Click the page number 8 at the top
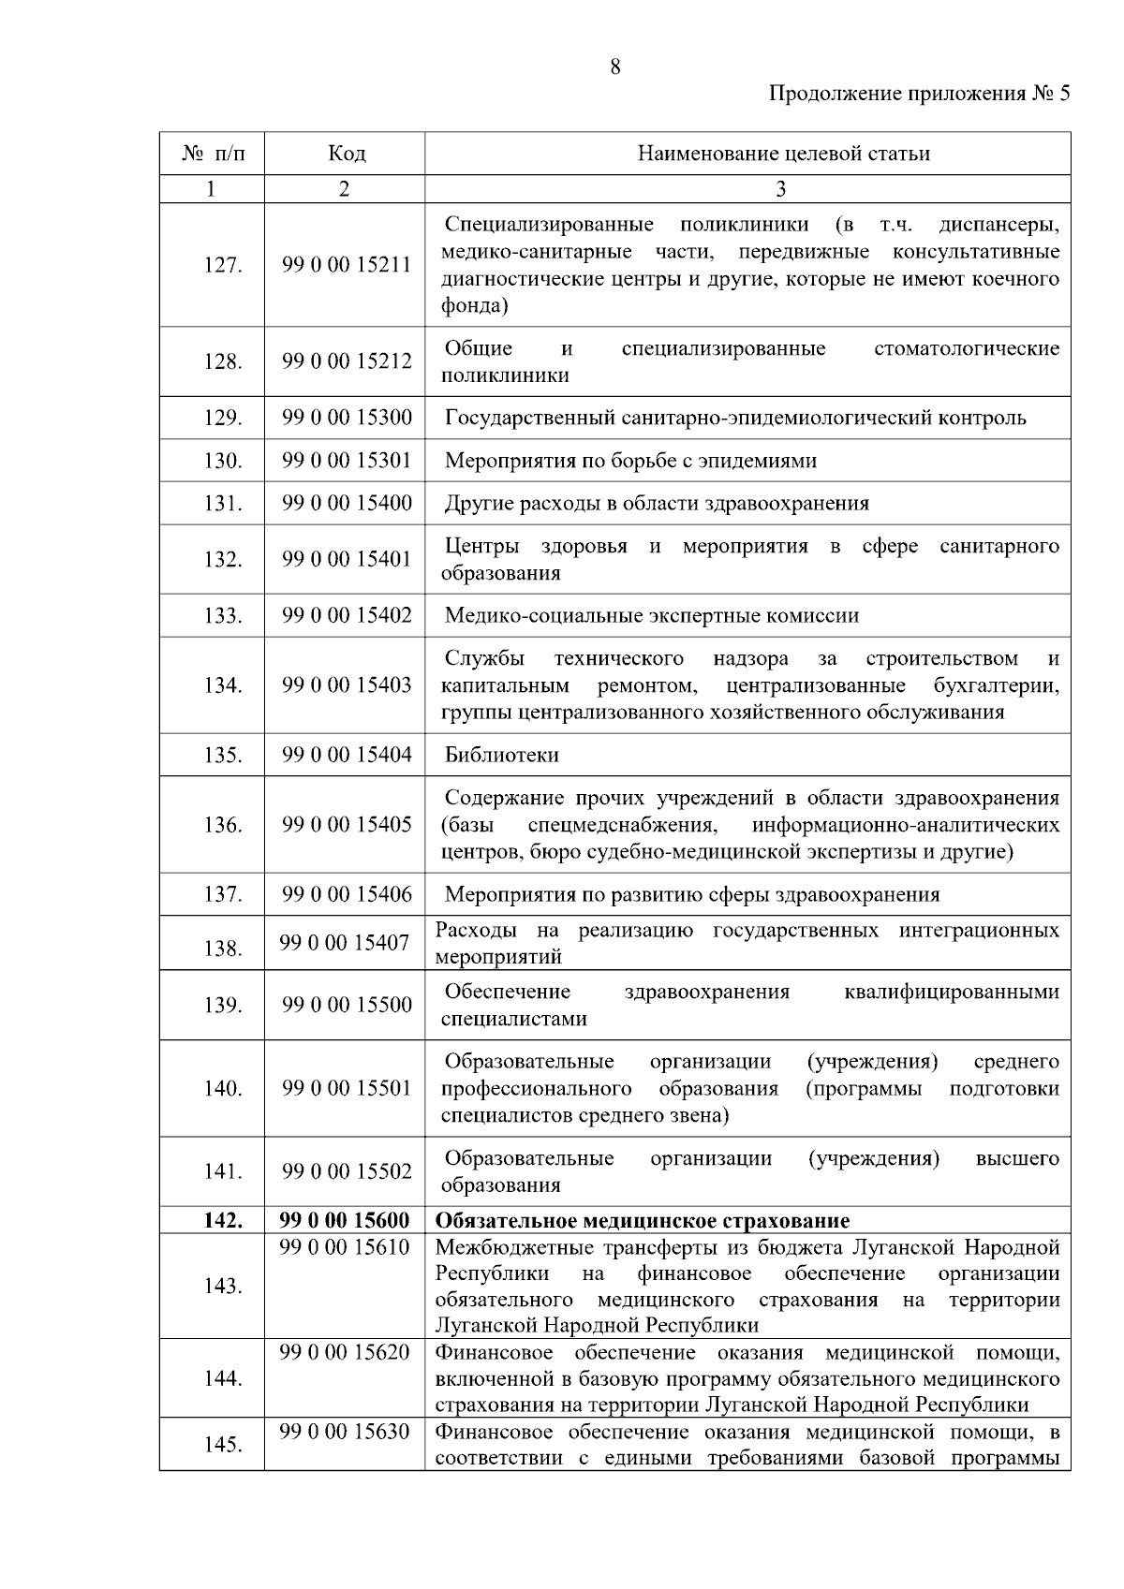615,66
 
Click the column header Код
346,154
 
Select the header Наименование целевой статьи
783,154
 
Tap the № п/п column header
213,154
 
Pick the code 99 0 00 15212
347,361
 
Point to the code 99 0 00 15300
347,418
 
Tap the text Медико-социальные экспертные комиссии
651,615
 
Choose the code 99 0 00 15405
347,825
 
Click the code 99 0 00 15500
347,1005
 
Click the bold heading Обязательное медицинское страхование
643,1220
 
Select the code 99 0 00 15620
344,1352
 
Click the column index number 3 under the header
780,189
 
